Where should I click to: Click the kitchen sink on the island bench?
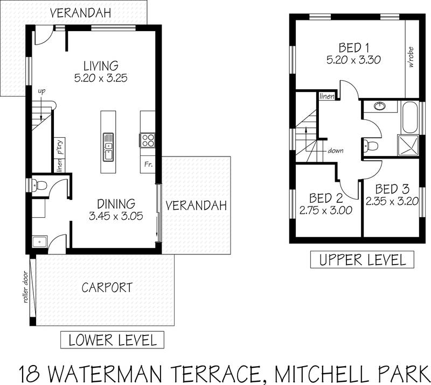tap(108, 147)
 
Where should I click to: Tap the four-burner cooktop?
tap(148, 140)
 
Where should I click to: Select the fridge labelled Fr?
tap(148, 165)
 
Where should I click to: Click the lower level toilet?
tap(39, 184)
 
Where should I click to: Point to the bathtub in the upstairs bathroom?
tap(410, 118)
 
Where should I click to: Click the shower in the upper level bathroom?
tap(408, 145)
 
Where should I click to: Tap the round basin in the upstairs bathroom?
tap(380, 105)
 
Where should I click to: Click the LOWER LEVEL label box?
tap(112, 340)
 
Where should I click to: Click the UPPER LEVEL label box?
tap(362, 259)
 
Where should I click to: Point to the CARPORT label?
tap(107, 288)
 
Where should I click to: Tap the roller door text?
tap(26, 287)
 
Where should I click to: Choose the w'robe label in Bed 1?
tap(411, 57)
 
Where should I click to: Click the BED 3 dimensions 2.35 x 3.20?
tap(392, 202)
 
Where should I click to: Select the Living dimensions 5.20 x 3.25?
tap(101, 78)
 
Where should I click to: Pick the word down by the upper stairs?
tap(335, 151)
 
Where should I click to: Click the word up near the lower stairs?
tap(41, 91)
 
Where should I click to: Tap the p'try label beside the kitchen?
tap(60, 147)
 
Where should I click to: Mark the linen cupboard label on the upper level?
tap(327, 96)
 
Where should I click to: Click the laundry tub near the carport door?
tap(40, 242)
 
